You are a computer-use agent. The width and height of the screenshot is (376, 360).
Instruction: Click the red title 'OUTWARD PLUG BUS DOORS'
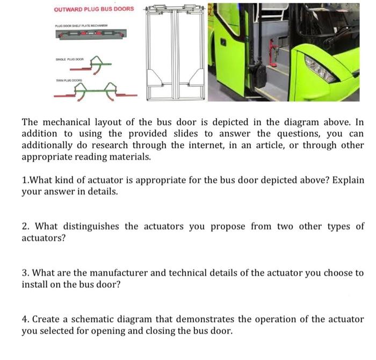tap(94, 9)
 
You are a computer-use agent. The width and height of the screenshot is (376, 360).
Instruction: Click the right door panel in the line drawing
tap(190, 54)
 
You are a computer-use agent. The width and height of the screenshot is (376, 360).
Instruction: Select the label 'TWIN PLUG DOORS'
tap(69, 78)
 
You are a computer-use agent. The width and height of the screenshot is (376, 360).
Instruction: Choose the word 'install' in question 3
tap(35, 284)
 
